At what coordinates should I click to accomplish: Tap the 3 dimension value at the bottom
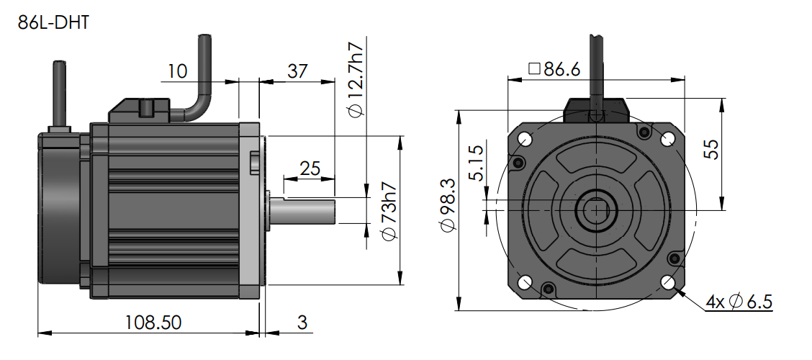(302, 322)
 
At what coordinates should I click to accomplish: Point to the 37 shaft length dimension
(297, 71)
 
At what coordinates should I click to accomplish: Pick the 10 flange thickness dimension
(177, 71)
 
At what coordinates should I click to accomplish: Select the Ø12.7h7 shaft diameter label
(355, 79)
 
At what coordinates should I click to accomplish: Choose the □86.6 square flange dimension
(554, 69)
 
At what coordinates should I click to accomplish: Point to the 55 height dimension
(731, 153)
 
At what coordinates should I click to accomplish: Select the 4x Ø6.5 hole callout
(738, 302)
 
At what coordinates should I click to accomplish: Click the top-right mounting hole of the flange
(667, 138)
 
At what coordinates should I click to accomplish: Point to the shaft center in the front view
(596, 210)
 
